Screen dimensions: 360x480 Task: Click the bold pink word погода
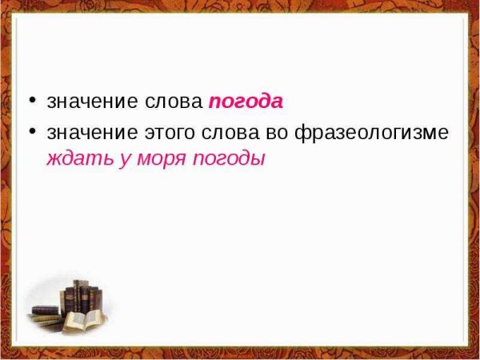[246, 102]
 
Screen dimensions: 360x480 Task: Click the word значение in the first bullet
[92, 102]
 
